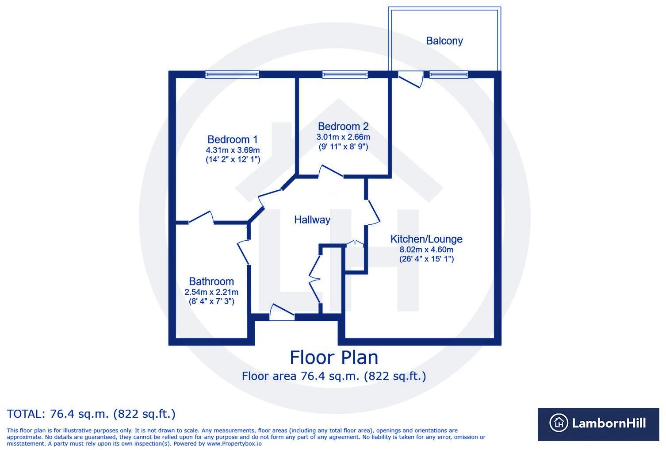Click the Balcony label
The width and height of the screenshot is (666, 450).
(x=444, y=41)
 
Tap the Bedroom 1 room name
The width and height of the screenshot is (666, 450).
(x=232, y=139)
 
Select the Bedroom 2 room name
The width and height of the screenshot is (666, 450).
(x=343, y=127)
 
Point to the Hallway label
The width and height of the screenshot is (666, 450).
(x=312, y=219)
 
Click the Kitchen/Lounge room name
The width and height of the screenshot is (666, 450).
(x=426, y=239)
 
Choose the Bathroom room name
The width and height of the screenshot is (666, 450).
(x=211, y=281)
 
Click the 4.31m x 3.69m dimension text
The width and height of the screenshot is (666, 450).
(x=233, y=150)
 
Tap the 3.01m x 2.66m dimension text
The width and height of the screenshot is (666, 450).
(x=343, y=137)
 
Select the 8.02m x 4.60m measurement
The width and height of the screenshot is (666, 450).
(x=426, y=250)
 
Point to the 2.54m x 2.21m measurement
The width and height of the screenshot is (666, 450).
(x=211, y=292)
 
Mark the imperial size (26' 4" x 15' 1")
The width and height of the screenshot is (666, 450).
(x=426, y=259)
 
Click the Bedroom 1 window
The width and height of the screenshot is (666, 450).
(x=232, y=75)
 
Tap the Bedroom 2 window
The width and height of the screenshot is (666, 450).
(x=345, y=75)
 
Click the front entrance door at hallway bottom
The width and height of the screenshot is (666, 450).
(x=282, y=312)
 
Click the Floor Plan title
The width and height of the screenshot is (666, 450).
(x=334, y=357)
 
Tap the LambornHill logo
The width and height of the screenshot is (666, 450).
(x=598, y=423)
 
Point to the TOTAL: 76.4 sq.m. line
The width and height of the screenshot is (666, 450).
(x=91, y=414)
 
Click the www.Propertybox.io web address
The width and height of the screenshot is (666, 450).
(x=234, y=443)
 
